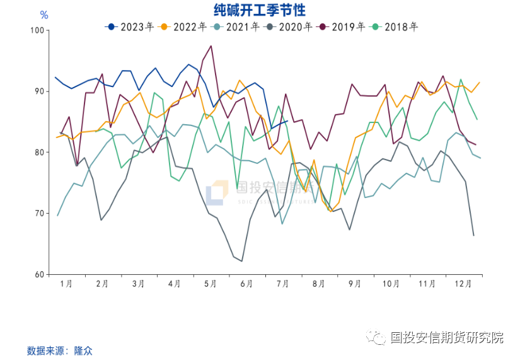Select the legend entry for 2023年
coord(130,26)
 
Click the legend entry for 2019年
coord(342,26)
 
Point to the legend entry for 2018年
coord(395,26)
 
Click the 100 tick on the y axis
coord(37,30)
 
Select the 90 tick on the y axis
coord(39,91)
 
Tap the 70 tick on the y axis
coord(39,214)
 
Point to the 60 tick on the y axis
coord(39,275)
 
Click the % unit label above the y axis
coord(43,15)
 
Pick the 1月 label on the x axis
coord(66,284)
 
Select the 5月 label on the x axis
coord(211,284)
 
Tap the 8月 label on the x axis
coord(320,284)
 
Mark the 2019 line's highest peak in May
coord(211,45)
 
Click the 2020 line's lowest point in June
coord(241,261)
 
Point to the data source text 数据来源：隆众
coord(59,351)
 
